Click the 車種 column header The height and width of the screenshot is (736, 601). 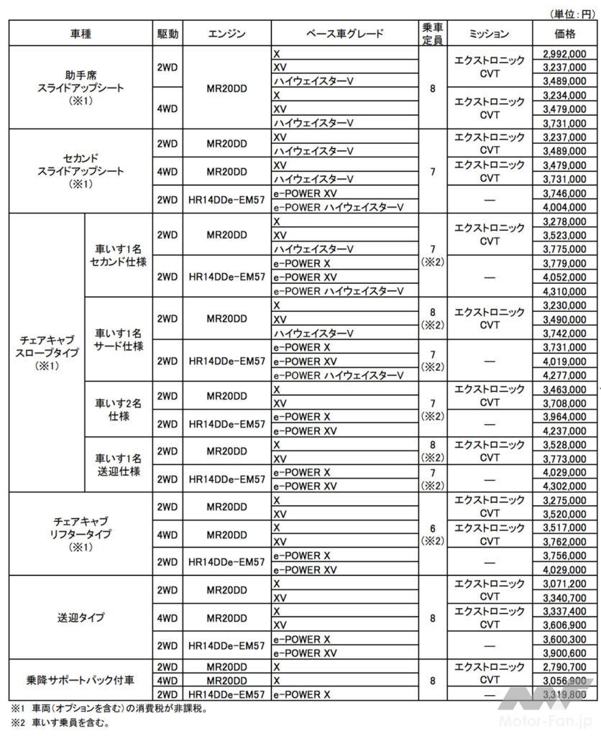pos(81,34)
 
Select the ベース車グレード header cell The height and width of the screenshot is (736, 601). pos(344,34)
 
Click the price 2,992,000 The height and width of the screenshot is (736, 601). pos(564,54)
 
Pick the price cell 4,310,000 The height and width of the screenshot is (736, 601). pos(564,291)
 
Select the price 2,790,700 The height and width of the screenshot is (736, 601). pos(564,666)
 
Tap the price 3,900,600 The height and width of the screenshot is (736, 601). pos(564,653)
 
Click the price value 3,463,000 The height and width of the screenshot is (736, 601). pos(564,390)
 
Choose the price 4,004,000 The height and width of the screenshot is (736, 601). pos(564,206)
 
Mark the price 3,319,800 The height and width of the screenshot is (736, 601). pos(564,694)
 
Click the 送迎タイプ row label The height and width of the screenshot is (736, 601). pos(81,617)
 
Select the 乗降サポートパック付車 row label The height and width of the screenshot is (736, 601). pos(81,680)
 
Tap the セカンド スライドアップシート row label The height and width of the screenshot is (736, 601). pos(81,171)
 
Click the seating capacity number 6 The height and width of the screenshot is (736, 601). pos(432,528)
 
